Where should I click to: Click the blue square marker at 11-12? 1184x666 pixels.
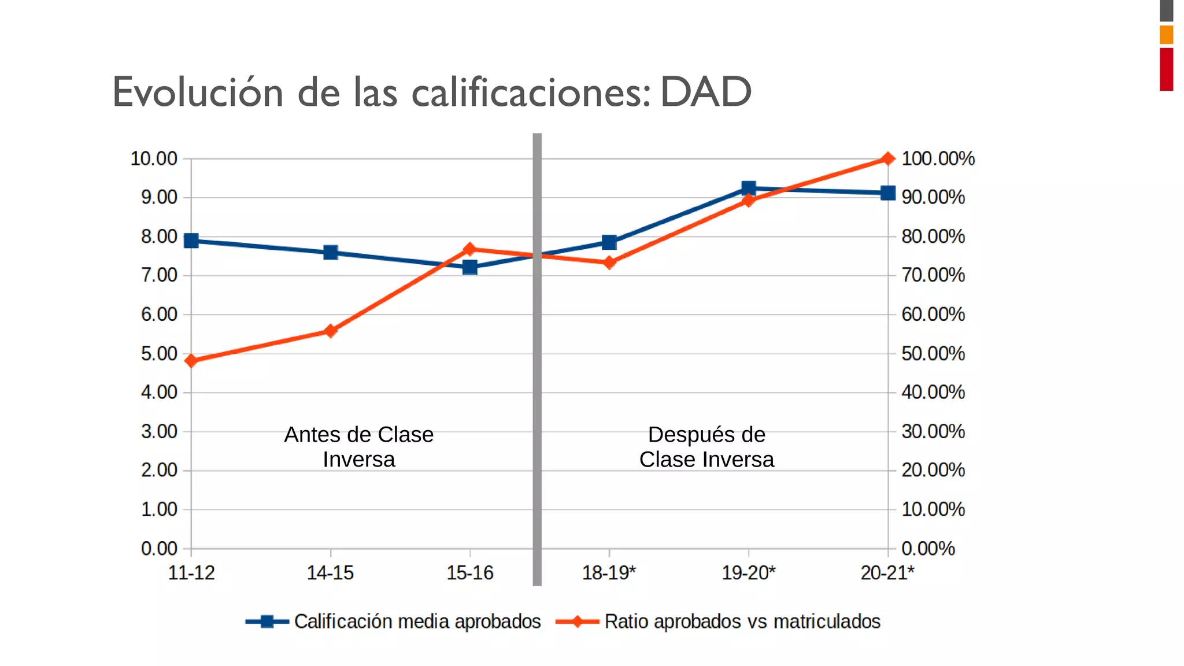pos(191,240)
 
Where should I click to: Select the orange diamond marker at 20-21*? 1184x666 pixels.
pos(888,158)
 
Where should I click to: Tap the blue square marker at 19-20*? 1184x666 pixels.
pos(749,188)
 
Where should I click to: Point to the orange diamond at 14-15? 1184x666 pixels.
pos(330,331)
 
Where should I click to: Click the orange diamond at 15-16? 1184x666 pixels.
pos(469,249)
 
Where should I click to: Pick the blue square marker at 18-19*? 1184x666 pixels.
pos(609,242)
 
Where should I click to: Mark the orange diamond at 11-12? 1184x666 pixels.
pos(191,361)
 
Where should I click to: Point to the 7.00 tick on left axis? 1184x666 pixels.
pos(159,275)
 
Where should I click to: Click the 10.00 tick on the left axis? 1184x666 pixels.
pos(154,158)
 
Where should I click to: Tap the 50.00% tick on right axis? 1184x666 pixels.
pos(933,353)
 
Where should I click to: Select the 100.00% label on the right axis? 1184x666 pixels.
pos(938,158)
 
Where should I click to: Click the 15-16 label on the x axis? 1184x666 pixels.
pos(469,573)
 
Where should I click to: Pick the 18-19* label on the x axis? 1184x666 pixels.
pos(609,573)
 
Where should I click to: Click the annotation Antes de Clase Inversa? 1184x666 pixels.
pos(358,447)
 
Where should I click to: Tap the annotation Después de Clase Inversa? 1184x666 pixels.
pos(706,447)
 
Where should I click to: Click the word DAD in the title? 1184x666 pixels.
pos(705,92)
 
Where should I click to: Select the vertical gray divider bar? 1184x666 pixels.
pos(537,358)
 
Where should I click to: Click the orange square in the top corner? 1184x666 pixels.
pos(1166,35)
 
